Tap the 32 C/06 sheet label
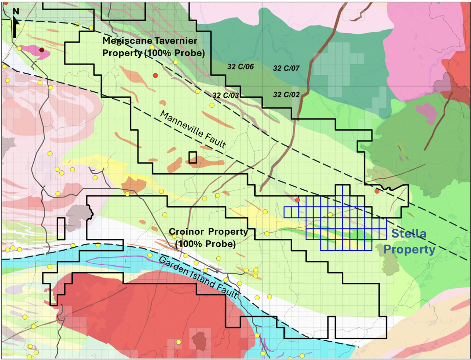[241, 67]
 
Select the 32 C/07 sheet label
[286, 68]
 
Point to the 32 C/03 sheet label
[226, 95]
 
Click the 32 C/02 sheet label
[286, 95]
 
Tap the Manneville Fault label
[193, 129]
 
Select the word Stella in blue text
[409, 234]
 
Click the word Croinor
[187, 232]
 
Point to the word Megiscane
[126, 41]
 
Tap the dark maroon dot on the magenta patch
[42, 50]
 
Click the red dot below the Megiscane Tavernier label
[155, 75]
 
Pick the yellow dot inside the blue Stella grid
[330, 215]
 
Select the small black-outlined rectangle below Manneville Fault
[193, 158]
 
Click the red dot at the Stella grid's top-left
[297, 200]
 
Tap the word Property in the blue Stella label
[409, 250]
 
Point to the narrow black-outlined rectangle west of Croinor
[61, 229]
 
